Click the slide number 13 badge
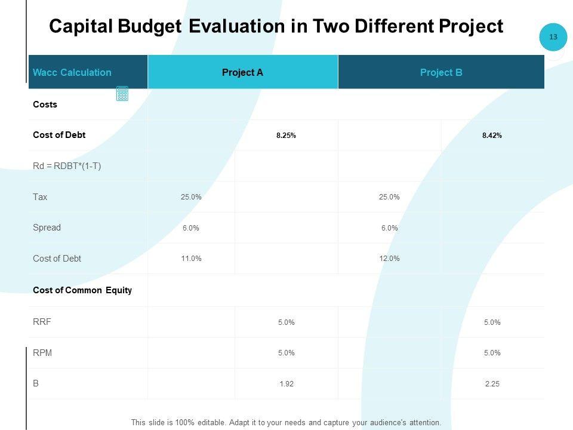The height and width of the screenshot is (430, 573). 553,37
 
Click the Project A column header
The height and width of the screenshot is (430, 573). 242,72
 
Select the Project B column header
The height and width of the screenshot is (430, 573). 441,72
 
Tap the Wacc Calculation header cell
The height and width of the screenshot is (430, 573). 72,72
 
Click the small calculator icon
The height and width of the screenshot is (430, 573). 122,94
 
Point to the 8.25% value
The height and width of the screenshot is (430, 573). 286,136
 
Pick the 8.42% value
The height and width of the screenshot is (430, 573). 492,136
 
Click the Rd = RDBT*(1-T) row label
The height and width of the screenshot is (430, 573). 67,166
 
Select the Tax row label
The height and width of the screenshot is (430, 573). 40,197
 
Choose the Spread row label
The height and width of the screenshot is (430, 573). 47,228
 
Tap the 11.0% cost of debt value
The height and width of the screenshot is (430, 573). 191,259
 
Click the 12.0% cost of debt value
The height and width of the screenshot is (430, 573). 389,259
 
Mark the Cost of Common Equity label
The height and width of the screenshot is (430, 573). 82,290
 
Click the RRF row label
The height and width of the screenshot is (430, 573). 42,322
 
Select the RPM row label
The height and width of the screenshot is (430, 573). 42,352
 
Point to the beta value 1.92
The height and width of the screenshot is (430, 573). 286,384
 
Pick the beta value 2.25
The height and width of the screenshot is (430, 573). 492,384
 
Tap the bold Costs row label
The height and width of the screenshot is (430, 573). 45,105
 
